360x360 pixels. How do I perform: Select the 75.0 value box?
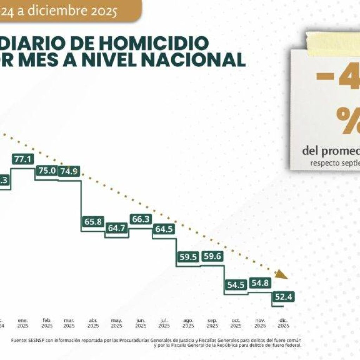point(47,171)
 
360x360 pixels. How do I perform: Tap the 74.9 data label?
point(69,171)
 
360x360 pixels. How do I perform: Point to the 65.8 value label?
point(93,222)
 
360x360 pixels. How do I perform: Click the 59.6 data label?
point(212,257)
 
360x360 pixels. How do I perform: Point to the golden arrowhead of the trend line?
point(281,275)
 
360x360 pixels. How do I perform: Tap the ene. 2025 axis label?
point(23,323)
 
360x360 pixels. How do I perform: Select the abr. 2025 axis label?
point(93,323)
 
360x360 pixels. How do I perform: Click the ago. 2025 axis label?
point(188,323)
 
